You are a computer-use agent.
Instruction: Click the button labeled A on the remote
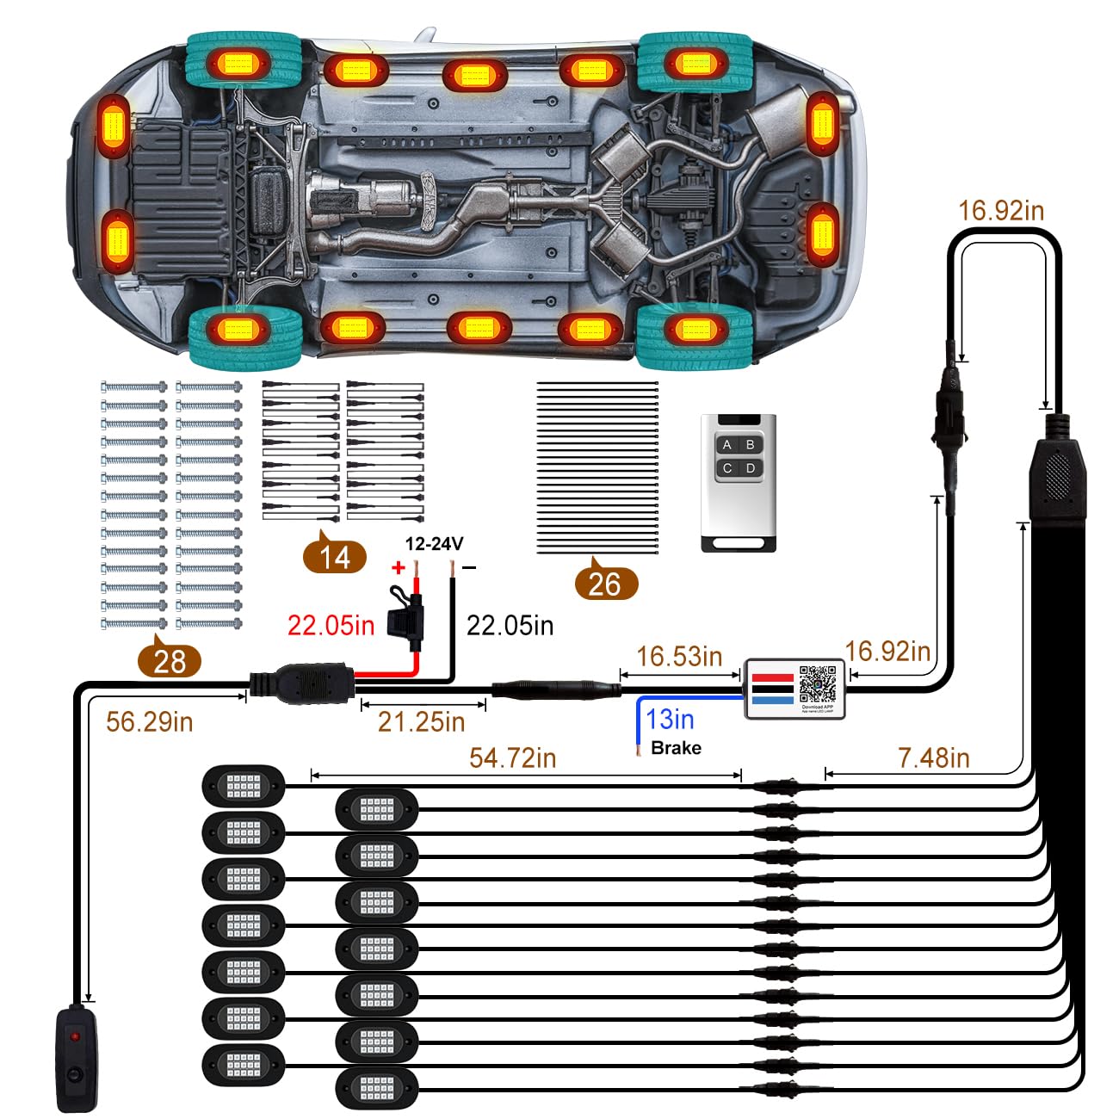pyautogui.click(x=728, y=445)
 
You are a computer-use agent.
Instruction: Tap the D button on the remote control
pyautogui.click(x=751, y=468)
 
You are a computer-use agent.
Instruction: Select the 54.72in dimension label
pyautogui.click(x=513, y=757)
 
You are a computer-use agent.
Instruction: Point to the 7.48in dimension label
pyautogui.click(x=934, y=757)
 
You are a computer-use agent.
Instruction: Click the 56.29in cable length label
pyautogui.click(x=149, y=721)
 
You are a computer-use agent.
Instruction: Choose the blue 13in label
pyautogui.click(x=670, y=719)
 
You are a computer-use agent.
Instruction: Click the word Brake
pyautogui.click(x=676, y=748)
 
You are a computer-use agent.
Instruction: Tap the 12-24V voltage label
pyautogui.click(x=435, y=543)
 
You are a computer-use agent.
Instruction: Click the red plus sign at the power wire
pyautogui.click(x=398, y=568)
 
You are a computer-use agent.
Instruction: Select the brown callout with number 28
pyautogui.click(x=169, y=661)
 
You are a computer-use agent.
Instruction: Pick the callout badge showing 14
pyautogui.click(x=335, y=558)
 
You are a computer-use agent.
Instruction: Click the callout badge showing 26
pyautogui.click(x=604, y=584)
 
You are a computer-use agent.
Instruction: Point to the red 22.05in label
pyautogui.click(x=331, y=625)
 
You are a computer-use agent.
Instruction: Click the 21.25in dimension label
pyautogui.click(x=421, y=721)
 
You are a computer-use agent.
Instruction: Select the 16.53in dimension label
pyautogui.click(x=679, y=656)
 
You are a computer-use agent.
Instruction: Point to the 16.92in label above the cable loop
pyautogui.click(x=1001, y=210)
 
